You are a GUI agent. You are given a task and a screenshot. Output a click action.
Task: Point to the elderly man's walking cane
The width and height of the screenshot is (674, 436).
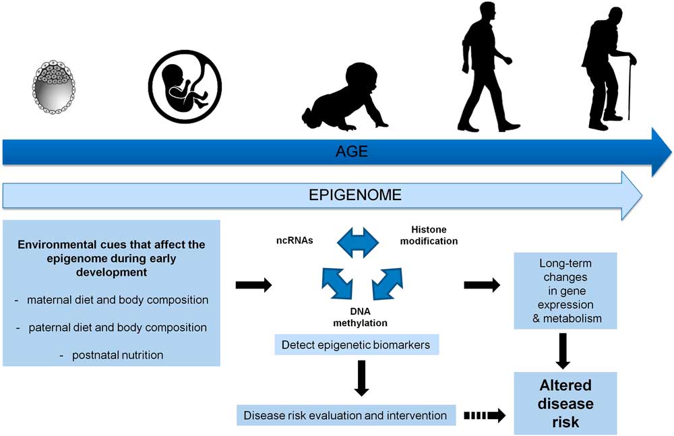tap(631, 88)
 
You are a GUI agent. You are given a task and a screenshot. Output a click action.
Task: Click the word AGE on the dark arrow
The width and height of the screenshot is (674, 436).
tap(352, 152)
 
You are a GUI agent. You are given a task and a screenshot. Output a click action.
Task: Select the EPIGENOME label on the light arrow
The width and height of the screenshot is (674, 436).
tap(355, 195)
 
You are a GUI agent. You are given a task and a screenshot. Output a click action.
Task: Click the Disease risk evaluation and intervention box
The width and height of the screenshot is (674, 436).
tap(345, 415)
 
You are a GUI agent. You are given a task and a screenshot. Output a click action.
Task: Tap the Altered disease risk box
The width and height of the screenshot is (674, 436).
tap(565, 403)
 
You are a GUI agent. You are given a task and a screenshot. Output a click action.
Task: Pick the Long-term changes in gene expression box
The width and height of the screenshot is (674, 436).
tap(565, 290)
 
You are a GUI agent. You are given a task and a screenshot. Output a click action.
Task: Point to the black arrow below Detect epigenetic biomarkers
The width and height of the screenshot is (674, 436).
tap(361, 377)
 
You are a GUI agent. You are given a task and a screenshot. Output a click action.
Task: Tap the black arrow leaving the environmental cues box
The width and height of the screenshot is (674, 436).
tap(253, 286)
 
